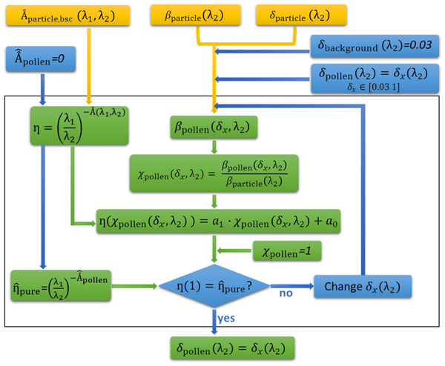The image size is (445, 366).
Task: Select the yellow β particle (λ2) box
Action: coord(197,14)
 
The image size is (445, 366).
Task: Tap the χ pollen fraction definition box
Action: coord(215,173)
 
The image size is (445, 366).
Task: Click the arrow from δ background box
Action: coord(260,51)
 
